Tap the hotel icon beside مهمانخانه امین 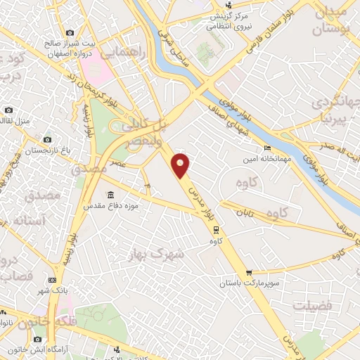coord(266,148)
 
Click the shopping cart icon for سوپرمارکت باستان coord(249,273)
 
